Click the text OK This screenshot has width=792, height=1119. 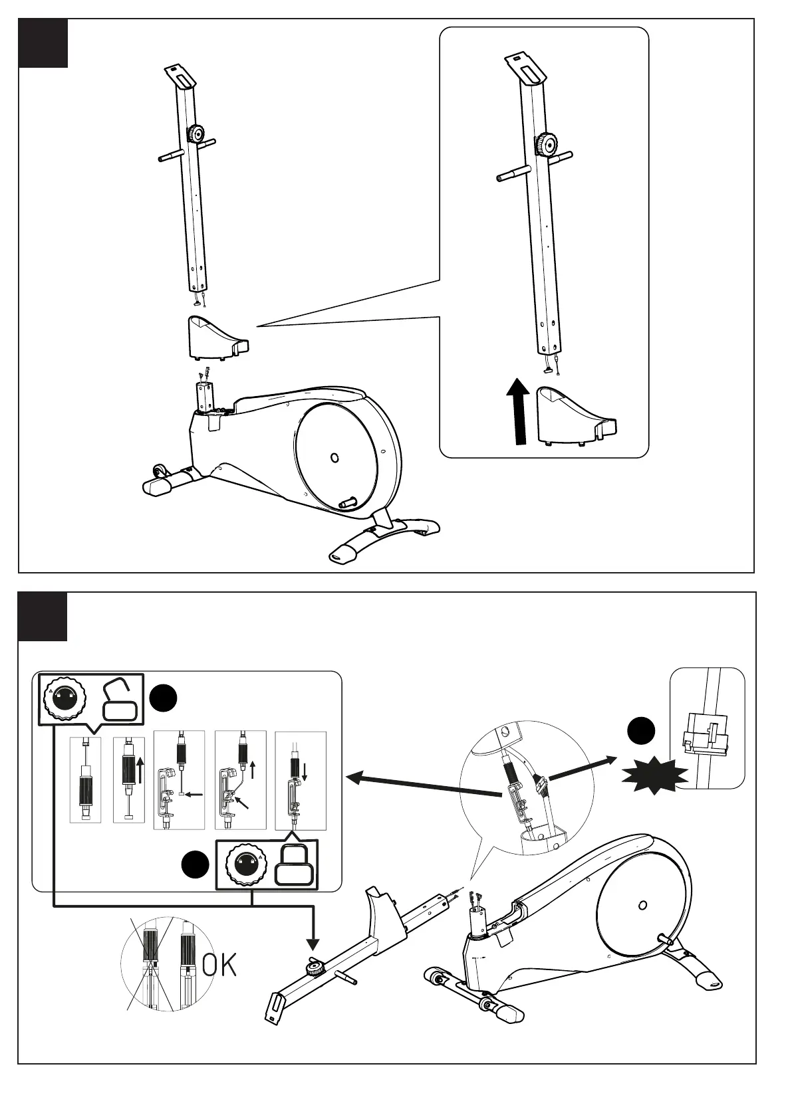coord(219,966)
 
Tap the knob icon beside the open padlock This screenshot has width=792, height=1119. coord(64,698)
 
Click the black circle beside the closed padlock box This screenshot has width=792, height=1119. coord(196,865)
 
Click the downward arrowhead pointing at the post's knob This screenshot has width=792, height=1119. coord(312,944)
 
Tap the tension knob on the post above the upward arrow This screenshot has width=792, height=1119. coord(547,142)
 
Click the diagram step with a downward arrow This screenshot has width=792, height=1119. coord(301,780)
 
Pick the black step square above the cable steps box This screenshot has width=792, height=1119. coord(43,617)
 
